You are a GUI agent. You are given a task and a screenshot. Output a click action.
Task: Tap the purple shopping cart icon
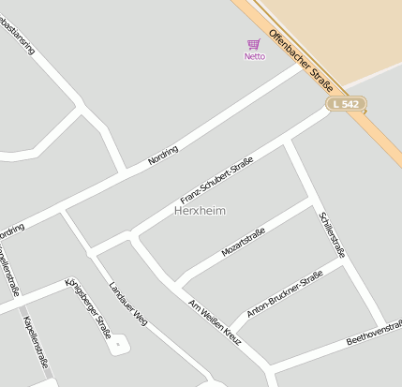[x=254, y=43]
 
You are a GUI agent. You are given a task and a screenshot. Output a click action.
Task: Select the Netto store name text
[x=254, y=56]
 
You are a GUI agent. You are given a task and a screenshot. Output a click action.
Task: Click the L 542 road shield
[x=346, y=103]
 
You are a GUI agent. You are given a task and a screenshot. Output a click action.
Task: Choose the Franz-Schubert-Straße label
[x=216, y=182]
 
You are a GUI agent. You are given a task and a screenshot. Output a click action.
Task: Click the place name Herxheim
[x=200, y=212]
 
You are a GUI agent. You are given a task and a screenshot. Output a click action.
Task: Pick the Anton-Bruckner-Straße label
[x=284, y=294]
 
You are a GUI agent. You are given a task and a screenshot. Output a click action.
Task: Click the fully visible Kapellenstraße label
[x=36, y=339]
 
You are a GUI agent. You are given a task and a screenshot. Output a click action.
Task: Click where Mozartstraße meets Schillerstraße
[x=311, y=199]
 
